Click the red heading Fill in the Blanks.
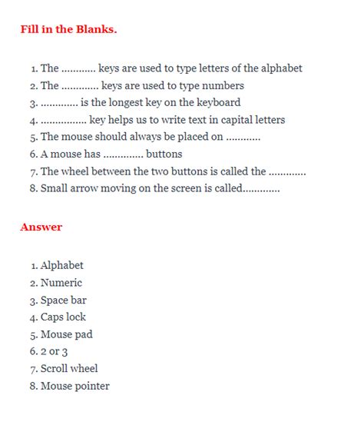coord(68,30)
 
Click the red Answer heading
coord(41,227)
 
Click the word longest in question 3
coord(113,102)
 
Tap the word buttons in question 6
coord(164,154)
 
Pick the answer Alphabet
coord(61,266)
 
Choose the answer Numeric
coord(61,283)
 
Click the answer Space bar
coord(63,300)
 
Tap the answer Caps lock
coord(63,317)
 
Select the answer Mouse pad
coord(66,334)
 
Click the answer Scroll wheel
coord(69,369)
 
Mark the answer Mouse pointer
coord(74,386)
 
